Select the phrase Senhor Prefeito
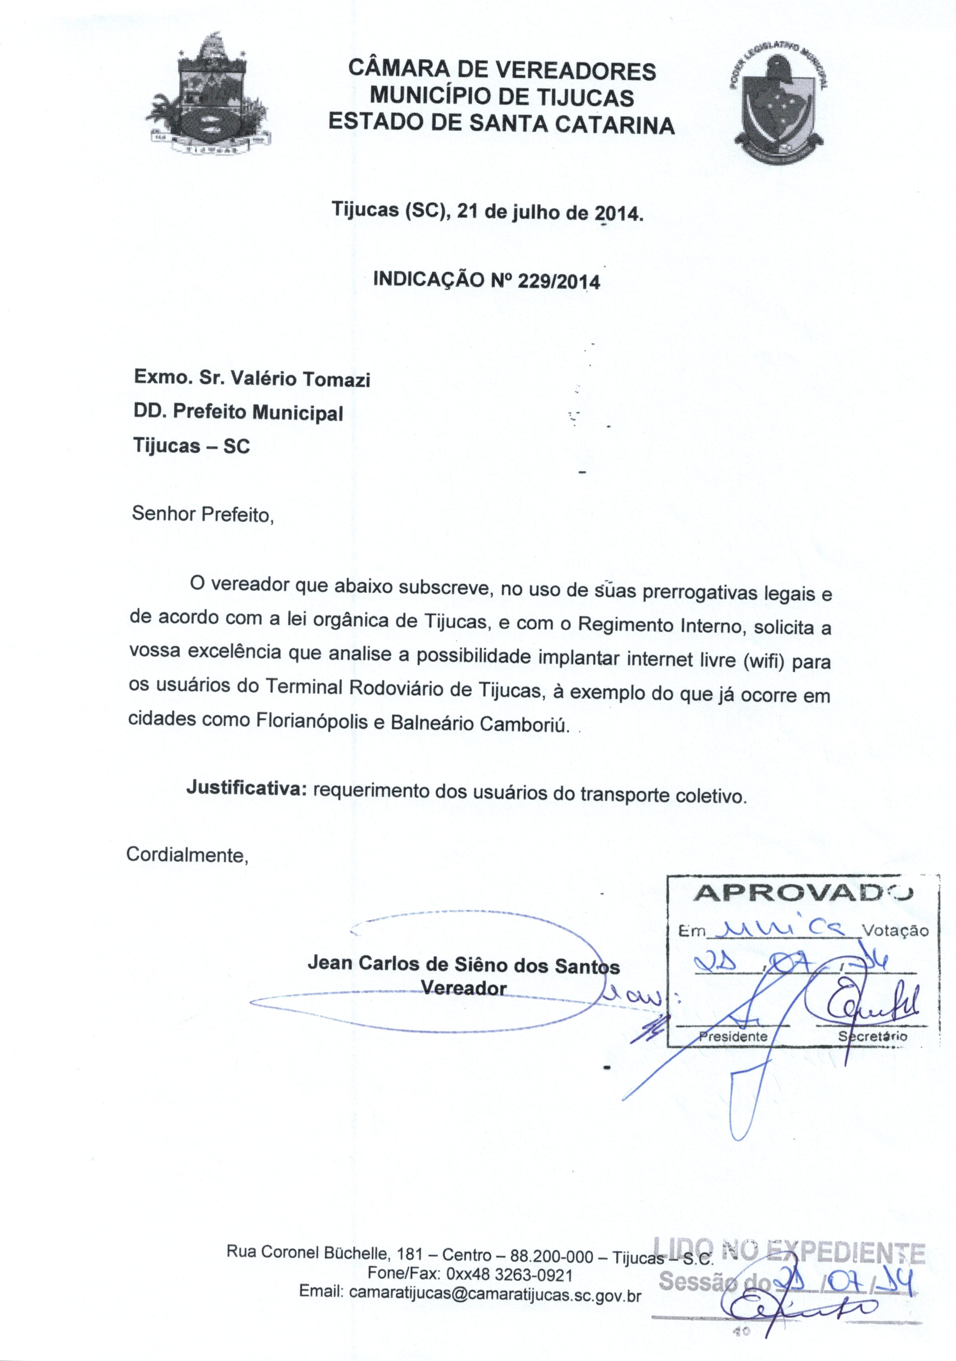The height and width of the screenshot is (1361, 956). point(202,514)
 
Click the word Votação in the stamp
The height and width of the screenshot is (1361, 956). point(895,930)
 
